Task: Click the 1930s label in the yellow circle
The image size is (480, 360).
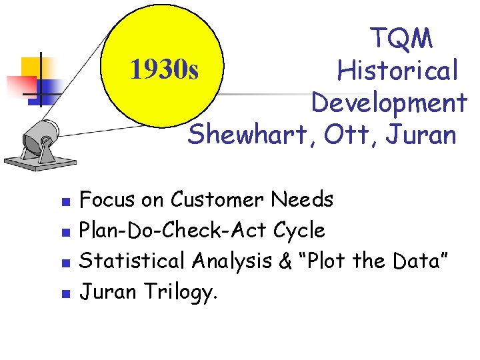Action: pos(164,69)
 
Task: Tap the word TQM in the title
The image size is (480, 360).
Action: pos(401,38)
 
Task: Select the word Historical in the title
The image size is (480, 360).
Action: pos(398,69)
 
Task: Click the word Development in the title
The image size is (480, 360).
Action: pos(389,103)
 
